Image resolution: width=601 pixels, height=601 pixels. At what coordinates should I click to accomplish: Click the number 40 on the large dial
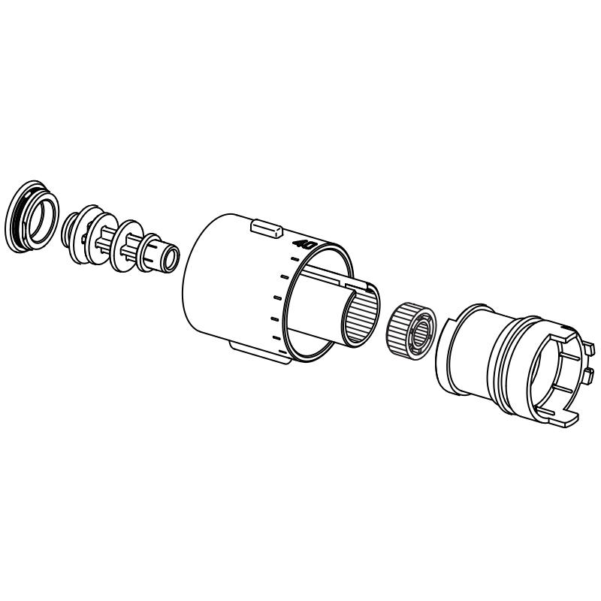point(304,244)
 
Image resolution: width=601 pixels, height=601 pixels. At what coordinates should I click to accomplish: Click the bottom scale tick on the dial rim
point(279,339)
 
